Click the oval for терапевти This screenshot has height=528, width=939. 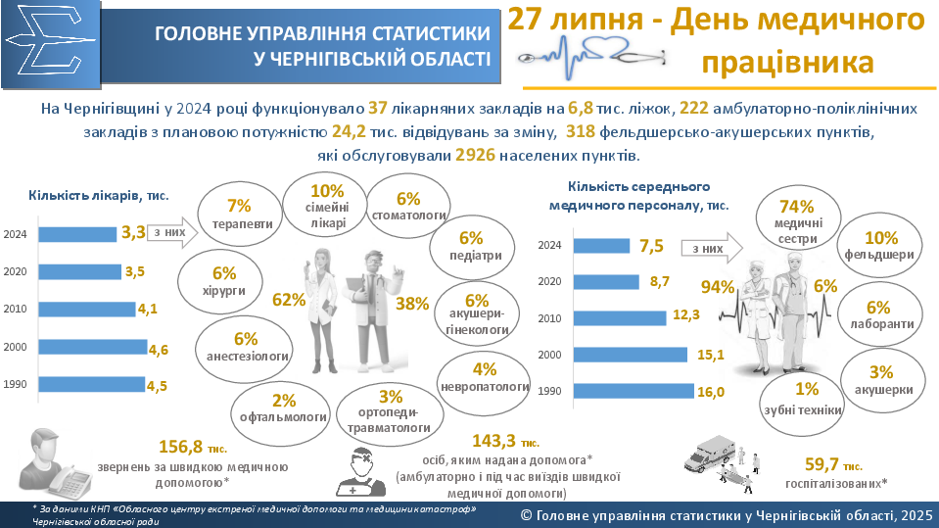coord(239,215)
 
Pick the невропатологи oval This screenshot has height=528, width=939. coord(485,378)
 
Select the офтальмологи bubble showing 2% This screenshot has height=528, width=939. coord(284,409)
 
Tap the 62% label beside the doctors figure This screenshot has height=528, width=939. coord(289,300)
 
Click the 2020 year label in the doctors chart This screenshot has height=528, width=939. coord(16,272)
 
